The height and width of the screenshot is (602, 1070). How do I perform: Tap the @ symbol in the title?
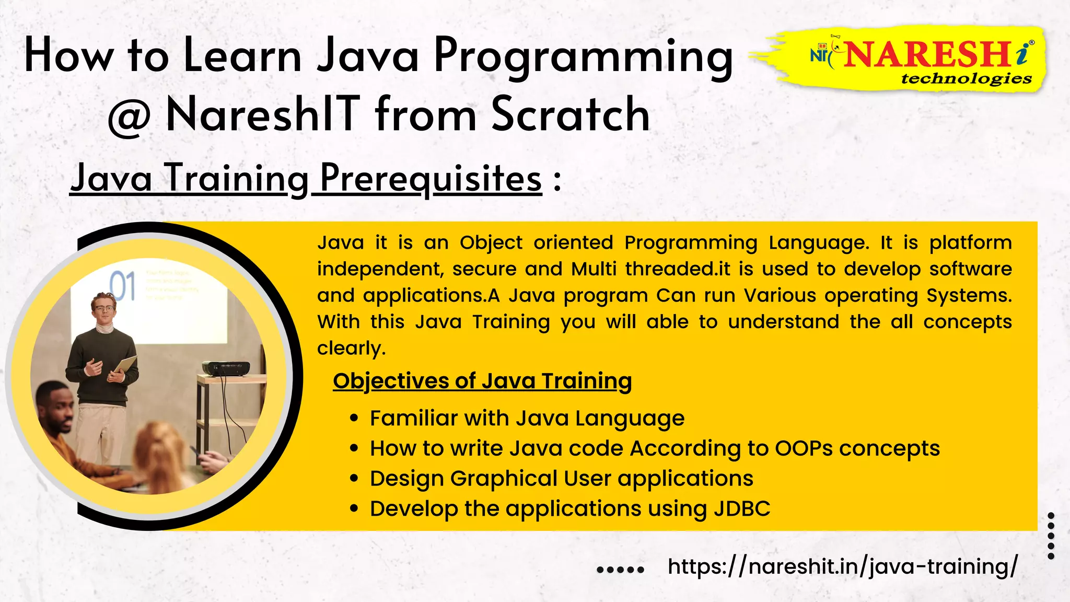[x=129, y=116]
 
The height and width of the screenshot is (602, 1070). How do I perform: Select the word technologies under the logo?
[x=966, y=79]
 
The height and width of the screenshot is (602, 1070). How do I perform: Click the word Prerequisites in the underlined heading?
[x=431, y=179]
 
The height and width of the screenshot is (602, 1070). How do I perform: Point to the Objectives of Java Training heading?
[x=482, y=381]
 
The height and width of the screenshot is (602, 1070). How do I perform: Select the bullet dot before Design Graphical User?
[x=354, y=478]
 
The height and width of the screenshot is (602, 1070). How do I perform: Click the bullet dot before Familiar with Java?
[x=354, y=418]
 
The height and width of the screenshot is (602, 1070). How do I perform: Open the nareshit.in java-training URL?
[x=842, y=566]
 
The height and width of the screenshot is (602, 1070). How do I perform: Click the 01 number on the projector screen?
[x=123, y=286]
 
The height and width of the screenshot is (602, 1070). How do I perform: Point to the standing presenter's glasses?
[x=103, y=308]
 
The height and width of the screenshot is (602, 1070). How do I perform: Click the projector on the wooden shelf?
[x=226, y=368]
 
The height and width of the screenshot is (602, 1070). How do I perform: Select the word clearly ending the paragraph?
[x=351, y=349]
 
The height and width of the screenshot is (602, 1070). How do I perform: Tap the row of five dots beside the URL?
[x=620, y=570]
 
